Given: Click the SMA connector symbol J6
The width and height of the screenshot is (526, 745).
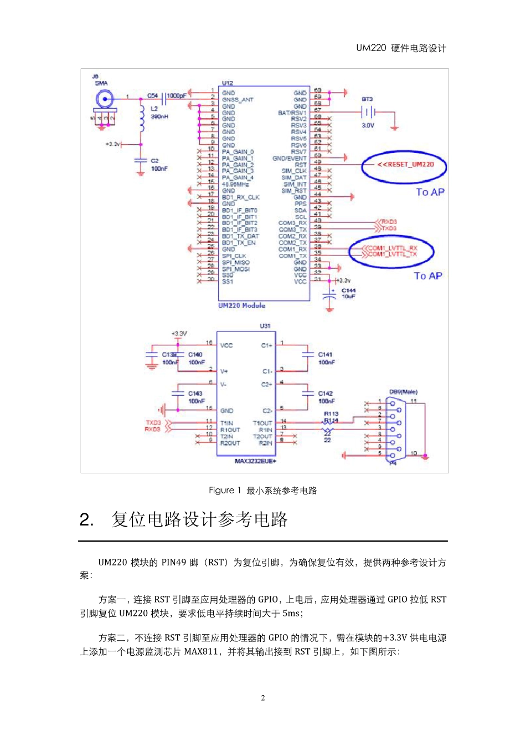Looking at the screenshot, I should (x=104, y=100).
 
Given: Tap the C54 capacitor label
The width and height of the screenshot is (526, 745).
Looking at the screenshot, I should (x=152, y=96).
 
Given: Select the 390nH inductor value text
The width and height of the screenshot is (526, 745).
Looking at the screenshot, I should (x=159, y=117).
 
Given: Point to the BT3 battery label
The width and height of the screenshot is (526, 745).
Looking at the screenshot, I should (x=367, y=99).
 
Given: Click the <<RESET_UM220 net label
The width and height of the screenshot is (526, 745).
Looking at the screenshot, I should (x=405, y=165).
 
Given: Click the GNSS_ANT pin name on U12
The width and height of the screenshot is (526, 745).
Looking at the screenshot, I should (x=238, y=100).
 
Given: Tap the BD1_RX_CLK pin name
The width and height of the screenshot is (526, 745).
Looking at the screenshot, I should (x=240, y=197).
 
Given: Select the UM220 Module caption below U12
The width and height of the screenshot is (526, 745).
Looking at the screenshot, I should (x=241, y=305).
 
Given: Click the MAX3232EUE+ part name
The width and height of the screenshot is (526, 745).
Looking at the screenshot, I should (x=255, y=461).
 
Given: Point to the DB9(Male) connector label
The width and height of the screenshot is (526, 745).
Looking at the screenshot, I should (x=403, y=392).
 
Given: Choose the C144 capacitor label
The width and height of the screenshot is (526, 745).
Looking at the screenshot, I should (x=348, y=290).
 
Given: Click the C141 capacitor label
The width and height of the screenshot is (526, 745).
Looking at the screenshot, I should (x=325, y=355).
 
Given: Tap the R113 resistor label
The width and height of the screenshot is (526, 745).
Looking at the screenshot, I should (x=331, y=414).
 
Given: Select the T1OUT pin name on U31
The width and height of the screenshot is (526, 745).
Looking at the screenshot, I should (x=262, y=423).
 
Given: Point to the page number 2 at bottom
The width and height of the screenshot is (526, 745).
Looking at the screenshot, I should (x=263, y=698).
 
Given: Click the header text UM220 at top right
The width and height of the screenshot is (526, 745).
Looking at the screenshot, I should (x=371, y=48).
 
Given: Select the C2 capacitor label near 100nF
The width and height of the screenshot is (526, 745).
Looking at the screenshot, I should (x=154, y=161).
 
